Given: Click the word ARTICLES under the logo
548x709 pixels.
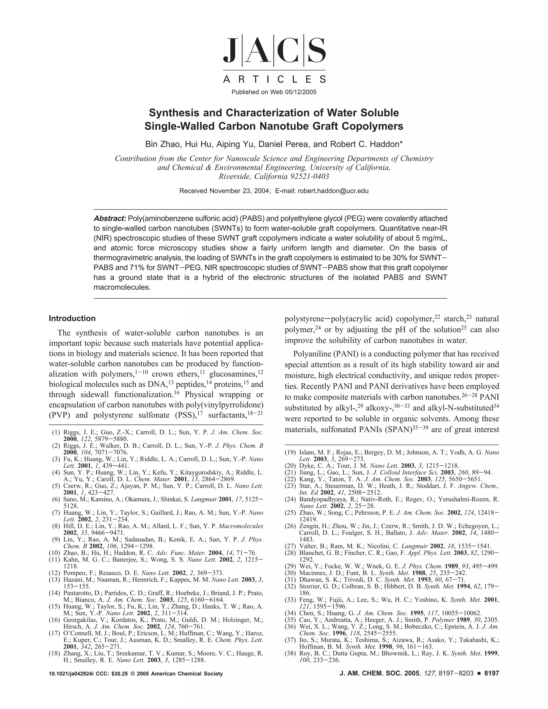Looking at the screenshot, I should [x=274, y=79].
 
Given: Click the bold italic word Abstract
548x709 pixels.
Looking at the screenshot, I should [x=110, y=219].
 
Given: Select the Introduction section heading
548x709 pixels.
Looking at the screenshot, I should [x=72, y=318].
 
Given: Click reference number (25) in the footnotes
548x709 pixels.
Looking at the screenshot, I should [x=291, y=513].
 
